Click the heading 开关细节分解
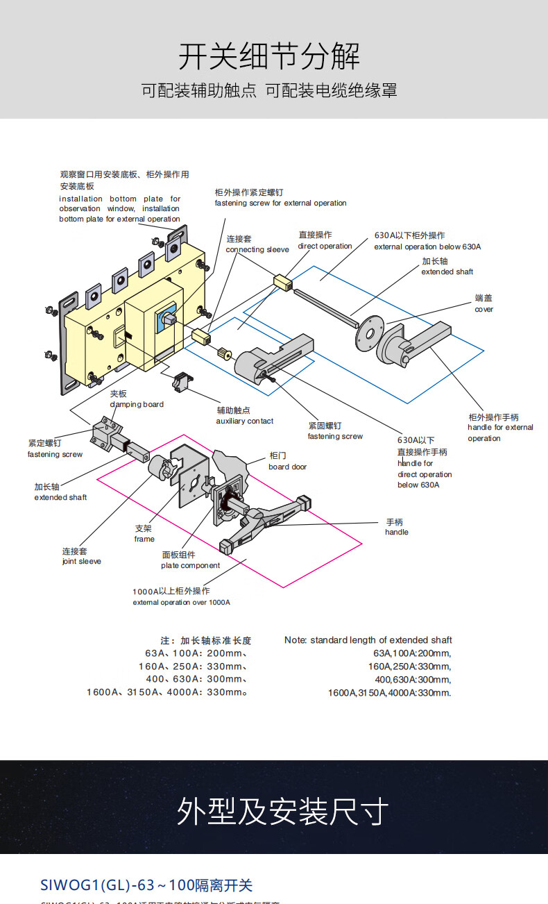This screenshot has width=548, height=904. tap(269, 56)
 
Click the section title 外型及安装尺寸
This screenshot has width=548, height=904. tap(282, 811)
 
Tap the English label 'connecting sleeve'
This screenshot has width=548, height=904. tap(257, 250)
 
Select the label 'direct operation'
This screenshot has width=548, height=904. tap(325, 246)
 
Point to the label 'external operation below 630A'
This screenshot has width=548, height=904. tap(427, 247)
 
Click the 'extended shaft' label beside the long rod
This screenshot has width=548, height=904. tap(447, 272)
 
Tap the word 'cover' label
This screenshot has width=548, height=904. tap(484, 310)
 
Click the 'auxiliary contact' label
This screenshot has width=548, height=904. tap(244, 421)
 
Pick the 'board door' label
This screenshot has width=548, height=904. tap(287, 467)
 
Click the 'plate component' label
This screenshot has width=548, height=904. tap(190, 566)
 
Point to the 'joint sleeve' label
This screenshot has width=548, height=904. tap(81, 562)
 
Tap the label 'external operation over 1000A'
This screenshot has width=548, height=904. tap(181, 603)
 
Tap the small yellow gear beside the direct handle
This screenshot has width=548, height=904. tap(225, 353)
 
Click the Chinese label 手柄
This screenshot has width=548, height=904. tap(394, 522)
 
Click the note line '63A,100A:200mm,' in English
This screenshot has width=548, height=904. tap(412, 653)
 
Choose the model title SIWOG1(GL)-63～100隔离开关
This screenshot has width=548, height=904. tap(146, 885)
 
